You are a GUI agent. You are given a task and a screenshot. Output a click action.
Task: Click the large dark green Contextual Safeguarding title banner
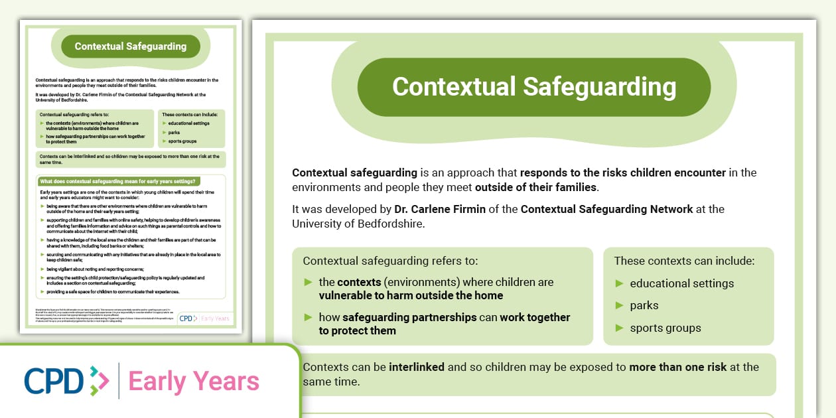click(x=533, y=87)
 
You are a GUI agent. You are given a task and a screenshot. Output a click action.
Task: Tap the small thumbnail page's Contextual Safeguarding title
click(x=130, y=46)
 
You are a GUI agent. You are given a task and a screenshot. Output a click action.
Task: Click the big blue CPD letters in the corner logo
click(x=54, y=380)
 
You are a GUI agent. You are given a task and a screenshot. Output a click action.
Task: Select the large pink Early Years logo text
click(x=194, y=382)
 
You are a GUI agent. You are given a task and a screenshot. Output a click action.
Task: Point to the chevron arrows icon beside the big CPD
click(x=99, y=380)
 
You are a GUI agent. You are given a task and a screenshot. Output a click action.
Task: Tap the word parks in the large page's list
click(x=644, y=305)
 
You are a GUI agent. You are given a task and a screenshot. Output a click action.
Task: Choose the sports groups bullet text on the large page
click(x=665, y=328)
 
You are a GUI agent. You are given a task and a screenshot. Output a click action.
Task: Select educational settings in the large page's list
click(x=681, y=283)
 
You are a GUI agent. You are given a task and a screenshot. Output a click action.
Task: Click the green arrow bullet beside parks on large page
click(x=620, y=305)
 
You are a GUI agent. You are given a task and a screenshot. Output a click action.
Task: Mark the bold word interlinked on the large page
click(x=417, y=367)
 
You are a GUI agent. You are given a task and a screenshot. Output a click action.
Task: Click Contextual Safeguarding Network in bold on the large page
click(x=606, y=209)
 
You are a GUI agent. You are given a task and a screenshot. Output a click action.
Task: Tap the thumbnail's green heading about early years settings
click(x=121, y=181)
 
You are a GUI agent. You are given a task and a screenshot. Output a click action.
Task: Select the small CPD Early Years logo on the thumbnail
click(x=205, y=318)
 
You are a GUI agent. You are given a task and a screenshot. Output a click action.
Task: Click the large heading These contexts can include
click(x=684, y=261)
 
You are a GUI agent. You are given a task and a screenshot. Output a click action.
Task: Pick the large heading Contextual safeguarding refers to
click(x=389, y=261)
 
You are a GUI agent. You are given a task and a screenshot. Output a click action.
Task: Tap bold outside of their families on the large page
click(x=535, y=187)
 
